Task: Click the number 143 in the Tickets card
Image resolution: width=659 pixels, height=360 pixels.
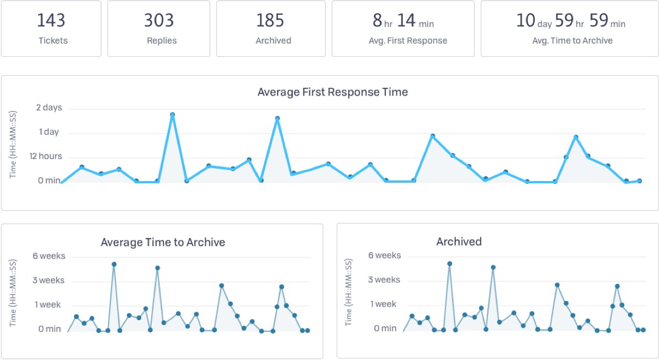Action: [51, 20]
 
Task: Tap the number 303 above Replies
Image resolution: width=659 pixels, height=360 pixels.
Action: [159, 20]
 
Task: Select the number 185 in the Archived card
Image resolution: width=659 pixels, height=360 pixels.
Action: [270, 20]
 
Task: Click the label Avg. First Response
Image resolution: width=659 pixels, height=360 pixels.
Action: [408, 40]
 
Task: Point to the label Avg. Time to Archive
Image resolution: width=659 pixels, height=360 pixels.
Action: [572, 40]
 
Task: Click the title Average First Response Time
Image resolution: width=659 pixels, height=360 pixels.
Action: [332, 92]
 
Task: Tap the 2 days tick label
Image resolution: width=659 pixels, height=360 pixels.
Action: [49, 108]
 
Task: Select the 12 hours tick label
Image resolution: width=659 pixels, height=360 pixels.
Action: [46, 156]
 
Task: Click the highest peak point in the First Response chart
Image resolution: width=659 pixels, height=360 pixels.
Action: [172, 115]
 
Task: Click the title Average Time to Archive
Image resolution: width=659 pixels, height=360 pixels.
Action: [163, 242]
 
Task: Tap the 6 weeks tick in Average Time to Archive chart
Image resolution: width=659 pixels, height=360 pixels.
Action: [49, 256]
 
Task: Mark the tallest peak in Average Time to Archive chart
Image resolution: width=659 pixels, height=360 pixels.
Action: [114, 264]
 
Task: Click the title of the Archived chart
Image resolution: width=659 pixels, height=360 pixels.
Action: [459, 241]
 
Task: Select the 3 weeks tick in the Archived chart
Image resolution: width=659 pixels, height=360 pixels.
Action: [384, 280]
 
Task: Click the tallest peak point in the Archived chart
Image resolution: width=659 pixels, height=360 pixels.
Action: [449, 264]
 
